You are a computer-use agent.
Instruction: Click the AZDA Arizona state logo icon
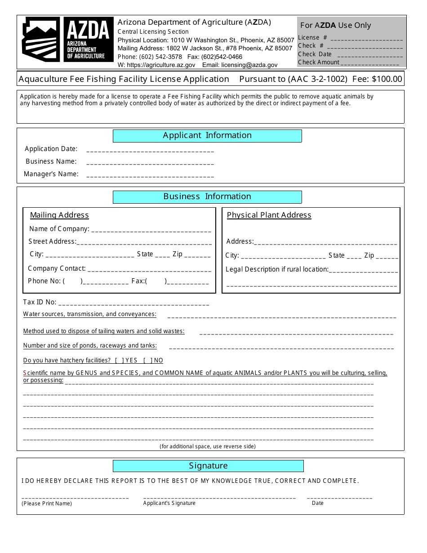click(x=41, y=39)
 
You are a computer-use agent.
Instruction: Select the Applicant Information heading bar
click(x=207, y=135)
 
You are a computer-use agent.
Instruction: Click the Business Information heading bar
click(x=207, y=196)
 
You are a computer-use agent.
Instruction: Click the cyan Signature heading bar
click(x=208, y=466)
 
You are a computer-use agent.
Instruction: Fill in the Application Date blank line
click(x=150, y=150)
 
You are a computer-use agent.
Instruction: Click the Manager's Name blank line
click(x=150, y=175)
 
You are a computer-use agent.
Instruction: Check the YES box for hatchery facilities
click(x=119, y=361)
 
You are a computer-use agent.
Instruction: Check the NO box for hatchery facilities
click(x=147, y=361)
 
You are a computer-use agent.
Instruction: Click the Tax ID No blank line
click(x=133, y=303)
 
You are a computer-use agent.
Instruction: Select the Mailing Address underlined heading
click(x=59, y=215)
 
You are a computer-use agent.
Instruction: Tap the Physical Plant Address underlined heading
click(x=269, y=215)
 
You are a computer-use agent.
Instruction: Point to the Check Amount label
click(x=319, y=62)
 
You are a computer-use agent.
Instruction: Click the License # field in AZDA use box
click(x=365, y=38)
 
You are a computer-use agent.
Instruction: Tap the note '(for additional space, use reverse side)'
click(x=207, y=446)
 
